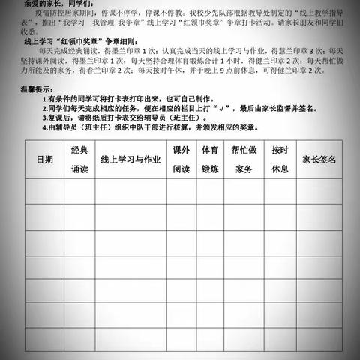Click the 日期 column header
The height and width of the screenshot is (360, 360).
pyautogui.click(x=45, y=160)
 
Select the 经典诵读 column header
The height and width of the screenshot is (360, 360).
pyautogui.click(x=79, y=160)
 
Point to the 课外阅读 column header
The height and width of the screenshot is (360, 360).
pyautogui.click(x=181, y=160)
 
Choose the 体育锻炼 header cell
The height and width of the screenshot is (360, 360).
pyautogui.click(x=211, y=160)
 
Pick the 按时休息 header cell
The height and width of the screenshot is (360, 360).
pyautogui.click(x=280, y=160)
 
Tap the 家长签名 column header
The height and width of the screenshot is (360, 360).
pyautogui.click(x=319, y=160)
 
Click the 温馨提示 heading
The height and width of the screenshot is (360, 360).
pyautogui.click(x=37, y=89)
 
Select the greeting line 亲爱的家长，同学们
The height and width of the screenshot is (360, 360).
pyautogui.click(x=45, y=3)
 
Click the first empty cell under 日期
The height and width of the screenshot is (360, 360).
pyautogui.click(x=45, y=193)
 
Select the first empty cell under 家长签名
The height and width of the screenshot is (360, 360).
pyautogui.click(x=319, y=193)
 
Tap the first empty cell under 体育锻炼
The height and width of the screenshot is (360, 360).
pyautogui.click(x=211, y=193)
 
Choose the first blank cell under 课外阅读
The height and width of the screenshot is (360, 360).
pyautogui.click(x=181, y=193)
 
